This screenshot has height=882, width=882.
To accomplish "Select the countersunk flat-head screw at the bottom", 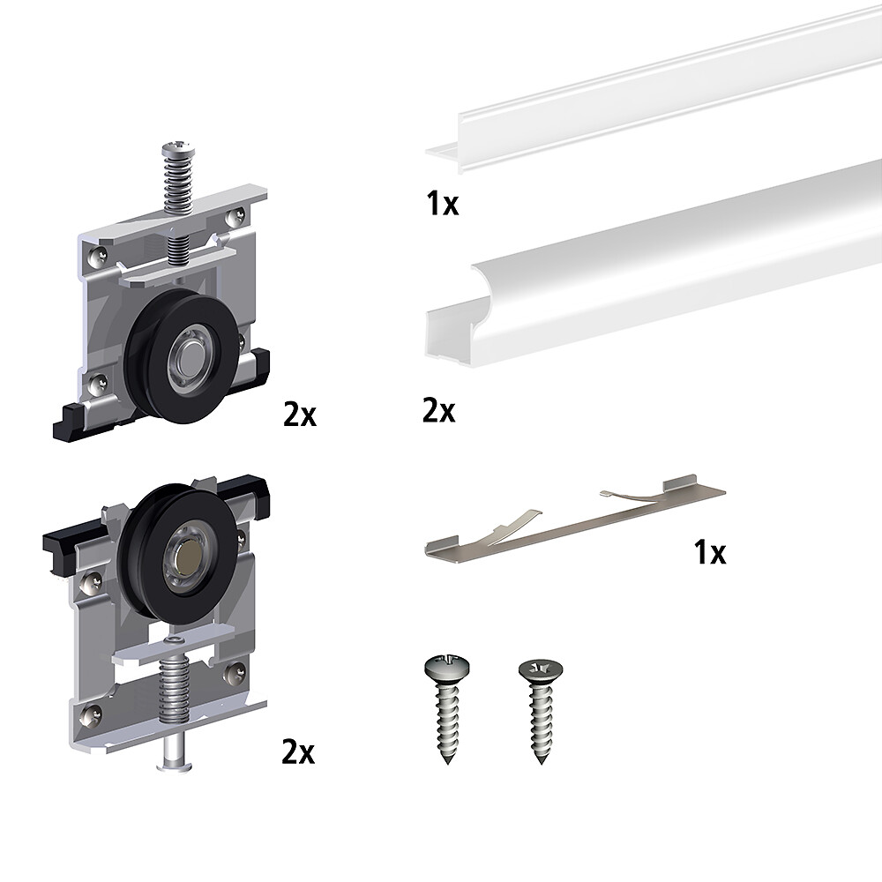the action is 540,712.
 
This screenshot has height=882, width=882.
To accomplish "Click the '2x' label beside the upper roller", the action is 300,415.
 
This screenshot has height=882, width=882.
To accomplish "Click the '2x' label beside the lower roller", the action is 298,751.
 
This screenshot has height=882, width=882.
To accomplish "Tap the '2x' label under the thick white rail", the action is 438,411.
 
